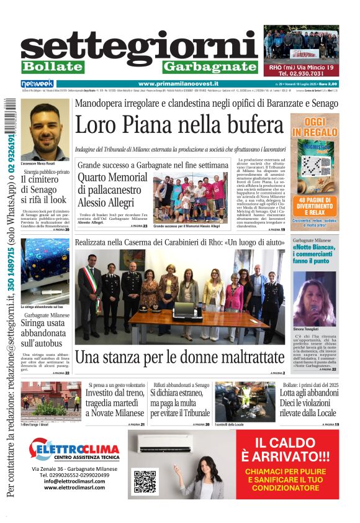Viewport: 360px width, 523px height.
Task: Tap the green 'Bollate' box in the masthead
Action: [52, 66]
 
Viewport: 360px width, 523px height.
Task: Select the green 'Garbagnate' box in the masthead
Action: [210, 66]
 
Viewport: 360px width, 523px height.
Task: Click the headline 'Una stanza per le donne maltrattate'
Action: [179, 358]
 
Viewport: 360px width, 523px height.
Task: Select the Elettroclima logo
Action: [74, 449]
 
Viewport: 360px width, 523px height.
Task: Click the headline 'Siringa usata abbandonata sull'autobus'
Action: [46, 332]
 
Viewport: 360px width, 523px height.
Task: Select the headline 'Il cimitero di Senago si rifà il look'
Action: [44, 189]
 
